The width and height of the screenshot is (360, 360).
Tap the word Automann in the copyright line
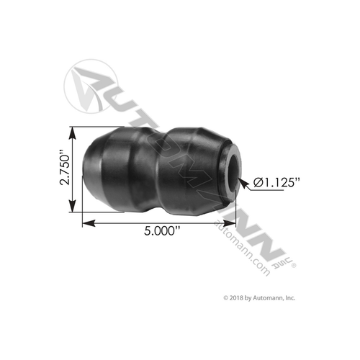(x=271, y=297)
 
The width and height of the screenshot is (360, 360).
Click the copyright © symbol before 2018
(x=227, y=297)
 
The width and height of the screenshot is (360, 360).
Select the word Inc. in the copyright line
(x=291, y=297)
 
